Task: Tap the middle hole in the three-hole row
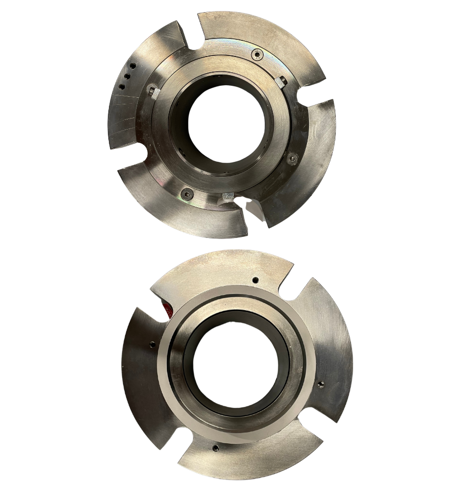127,76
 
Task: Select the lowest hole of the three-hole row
122,87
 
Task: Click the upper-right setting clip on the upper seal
282,80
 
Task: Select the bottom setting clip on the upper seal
228,196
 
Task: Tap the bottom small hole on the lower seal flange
216,447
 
